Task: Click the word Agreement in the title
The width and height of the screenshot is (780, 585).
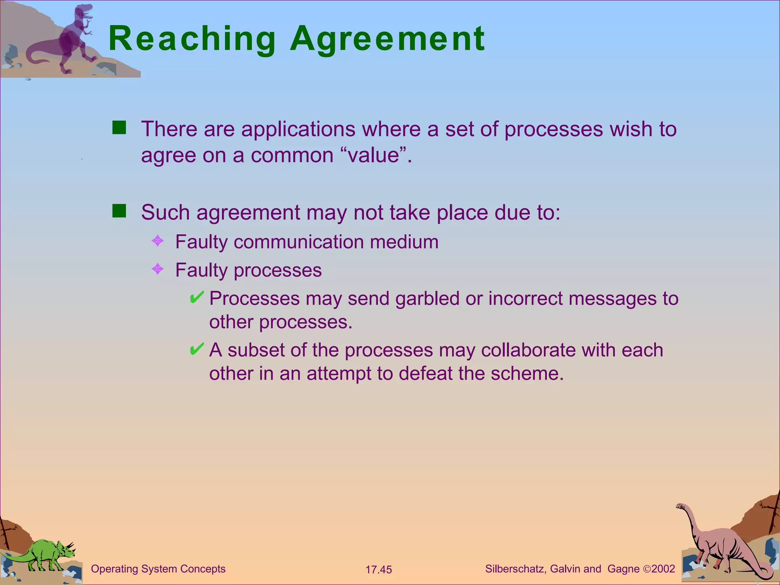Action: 387,39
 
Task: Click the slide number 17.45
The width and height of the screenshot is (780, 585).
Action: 379,570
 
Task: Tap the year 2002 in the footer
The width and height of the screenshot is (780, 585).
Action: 663,569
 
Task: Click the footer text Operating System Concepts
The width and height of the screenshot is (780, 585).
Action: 158,569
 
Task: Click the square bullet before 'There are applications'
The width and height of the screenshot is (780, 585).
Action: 119,128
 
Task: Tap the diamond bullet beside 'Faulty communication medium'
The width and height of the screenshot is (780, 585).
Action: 158,241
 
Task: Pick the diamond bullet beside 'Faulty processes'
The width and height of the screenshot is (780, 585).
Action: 158,269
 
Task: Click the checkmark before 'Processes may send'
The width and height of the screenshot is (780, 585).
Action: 197,297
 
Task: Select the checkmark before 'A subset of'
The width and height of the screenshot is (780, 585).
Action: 197,349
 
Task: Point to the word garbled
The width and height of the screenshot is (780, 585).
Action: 427,299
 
